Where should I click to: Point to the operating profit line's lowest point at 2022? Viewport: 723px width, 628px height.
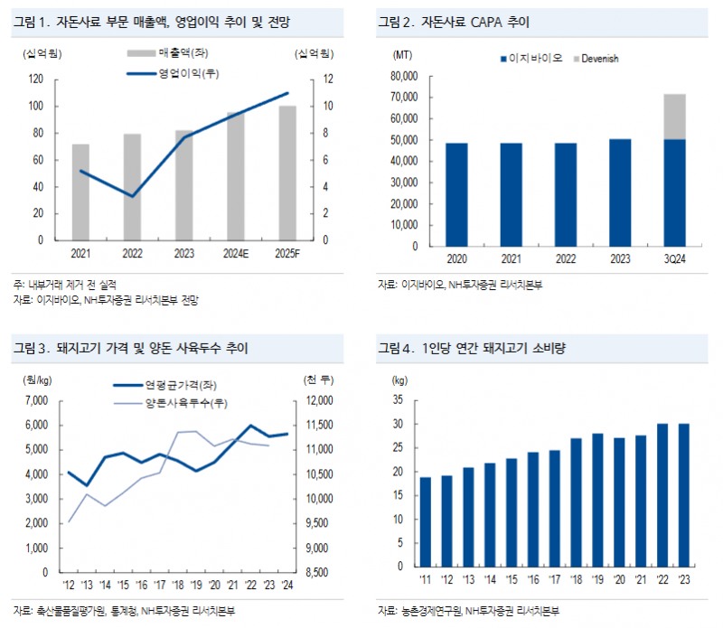click(133, 196)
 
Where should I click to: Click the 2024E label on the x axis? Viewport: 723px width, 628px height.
click(236, 254)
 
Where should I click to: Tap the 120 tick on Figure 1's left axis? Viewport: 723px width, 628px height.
click(37, 80)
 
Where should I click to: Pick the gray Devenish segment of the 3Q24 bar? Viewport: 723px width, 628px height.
click(673, 117)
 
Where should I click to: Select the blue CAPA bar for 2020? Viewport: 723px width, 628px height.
click(456, 194)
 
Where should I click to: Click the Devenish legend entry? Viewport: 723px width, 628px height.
click(600, 59)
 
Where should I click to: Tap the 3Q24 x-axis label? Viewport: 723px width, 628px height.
click(673, 259)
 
